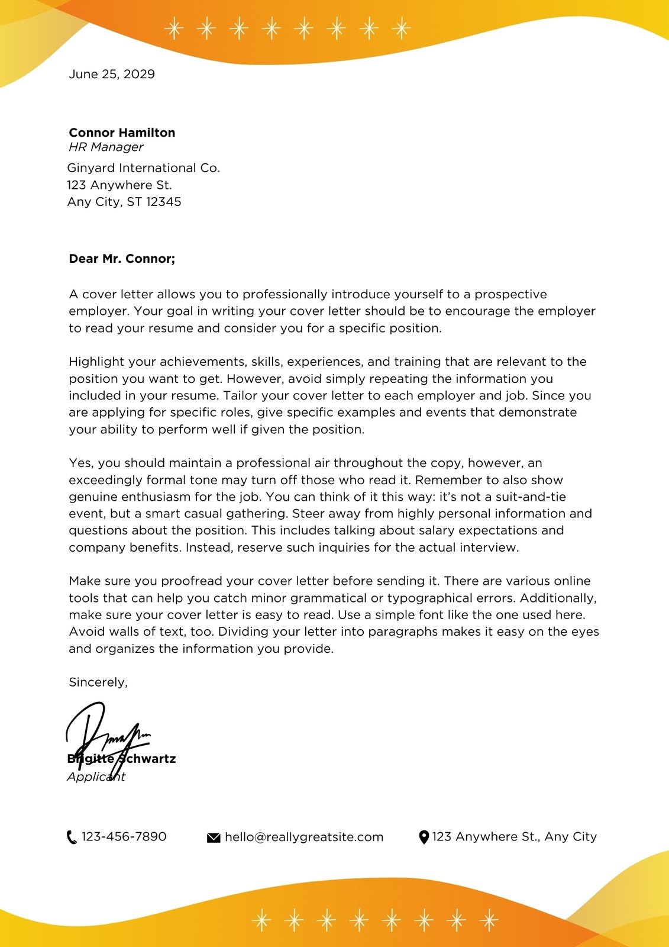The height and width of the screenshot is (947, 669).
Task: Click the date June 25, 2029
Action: (112, 74)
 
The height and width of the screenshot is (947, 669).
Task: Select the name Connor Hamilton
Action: (122, 133)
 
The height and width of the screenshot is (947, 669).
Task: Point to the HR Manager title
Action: (106, 147)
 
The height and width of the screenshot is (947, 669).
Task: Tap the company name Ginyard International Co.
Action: (143, 168)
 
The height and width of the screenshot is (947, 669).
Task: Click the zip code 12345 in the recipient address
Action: (163, 202)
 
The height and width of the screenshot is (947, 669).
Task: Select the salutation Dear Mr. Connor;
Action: (122, 259)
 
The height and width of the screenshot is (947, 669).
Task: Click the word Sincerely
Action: (98, 682)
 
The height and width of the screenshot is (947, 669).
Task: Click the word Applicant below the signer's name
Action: (96, 777)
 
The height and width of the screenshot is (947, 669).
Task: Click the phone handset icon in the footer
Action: (72, 838)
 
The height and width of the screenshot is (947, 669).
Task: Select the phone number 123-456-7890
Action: (124, 837)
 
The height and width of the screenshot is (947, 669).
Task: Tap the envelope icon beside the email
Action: (214, 838)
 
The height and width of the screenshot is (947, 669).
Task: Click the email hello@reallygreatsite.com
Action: (304, 838)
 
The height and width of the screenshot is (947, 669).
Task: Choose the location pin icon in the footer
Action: (424, 838)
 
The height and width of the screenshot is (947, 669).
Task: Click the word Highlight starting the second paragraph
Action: (96, 362)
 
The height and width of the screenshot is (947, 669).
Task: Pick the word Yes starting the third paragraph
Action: (81, 463)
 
